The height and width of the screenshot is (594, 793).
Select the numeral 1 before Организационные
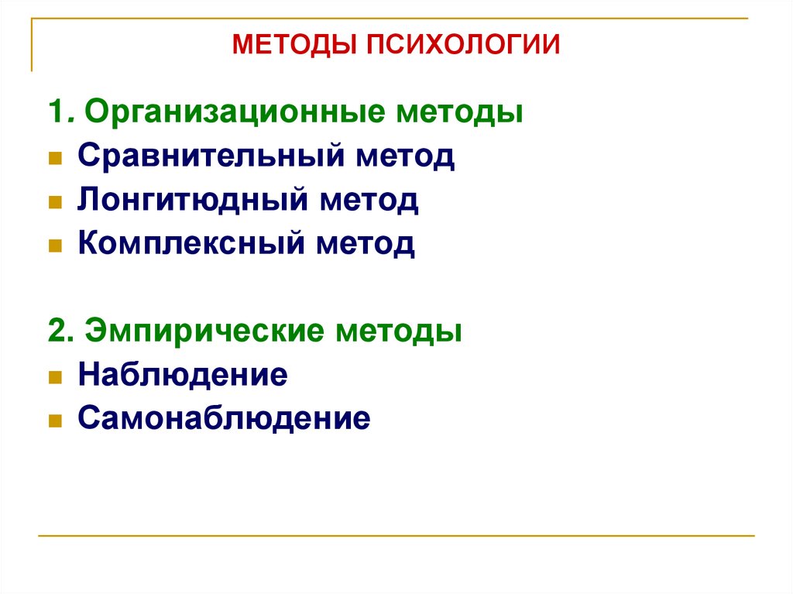click(x=55, y=113)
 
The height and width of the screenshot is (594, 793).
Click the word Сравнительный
click(x=210, y=157)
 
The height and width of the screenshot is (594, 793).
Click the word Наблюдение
click(x=183, y=376)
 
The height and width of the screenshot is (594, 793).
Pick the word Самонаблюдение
click(x=224, y=420)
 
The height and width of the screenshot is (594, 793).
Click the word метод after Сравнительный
click(x=405, y=157)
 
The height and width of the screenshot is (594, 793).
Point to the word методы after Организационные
click(x=461, y=113)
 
